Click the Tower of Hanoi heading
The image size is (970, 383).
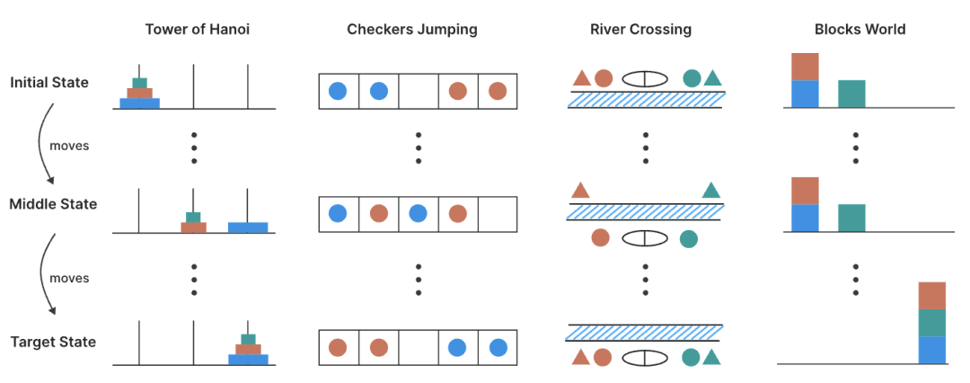pyautogui.click(x=198, y=29)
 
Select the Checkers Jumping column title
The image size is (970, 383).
pyautogui.click(x=412, y=30)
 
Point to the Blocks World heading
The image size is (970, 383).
pyautogui.click(x=860, y=29)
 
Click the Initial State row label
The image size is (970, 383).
pyautogui.click(x=49, y=82)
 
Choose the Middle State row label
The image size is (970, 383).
pyautogui.click(x=53, y=204)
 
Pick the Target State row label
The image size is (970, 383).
pyautogui.click(x=53, y=343)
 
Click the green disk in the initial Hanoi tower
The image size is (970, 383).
pyautogui.click(x=140, y=83)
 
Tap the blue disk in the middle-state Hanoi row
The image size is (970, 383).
pyautogui.click(x=248, y=227)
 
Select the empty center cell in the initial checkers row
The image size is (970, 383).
pyautogui.click(x=419, y=92)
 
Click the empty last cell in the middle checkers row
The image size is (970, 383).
pyautogui.click(x=498, y=215)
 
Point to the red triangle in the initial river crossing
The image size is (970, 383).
pyautogui.click(x=581, y=78)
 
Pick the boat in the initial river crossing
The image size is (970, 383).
pyautogui.click(x=645, y=79)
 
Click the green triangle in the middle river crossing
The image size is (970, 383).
pyautogui.click(x=711, y=190)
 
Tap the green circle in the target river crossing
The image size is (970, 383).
pyautogui.click(x=691, y=357)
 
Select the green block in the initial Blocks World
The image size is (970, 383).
pyautogui.click(x=851, y=94)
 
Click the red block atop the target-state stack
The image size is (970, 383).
pyautogui.click(x=932, y=296)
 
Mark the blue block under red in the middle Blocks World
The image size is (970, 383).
pyautogui.click(x=805, y=218)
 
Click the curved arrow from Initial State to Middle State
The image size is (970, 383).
pyautogui.click(x=40, y=144)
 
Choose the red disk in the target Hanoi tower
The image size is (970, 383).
pyautogui.click(x=248, y=349)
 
